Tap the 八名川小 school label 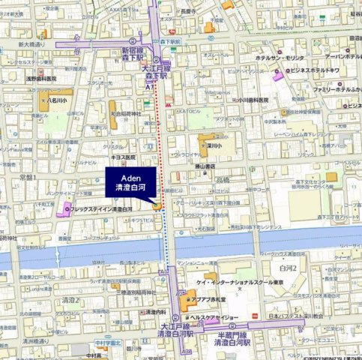tap(56, 97)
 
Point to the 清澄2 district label tap(70, 299)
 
